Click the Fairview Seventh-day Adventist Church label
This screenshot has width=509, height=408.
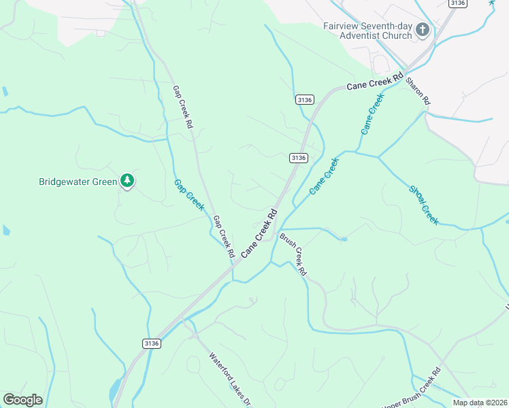pyautogui.click(x=367, y=31)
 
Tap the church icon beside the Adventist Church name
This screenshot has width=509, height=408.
pyautogui.click(x=422, y=30)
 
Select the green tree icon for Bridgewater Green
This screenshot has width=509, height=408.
pyautogui.click(x=127, y=180)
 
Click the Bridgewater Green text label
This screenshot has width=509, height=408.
pyautogui.click(x=78, y=182)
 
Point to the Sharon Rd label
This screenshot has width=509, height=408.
pyautogui.click(x=418, y=90)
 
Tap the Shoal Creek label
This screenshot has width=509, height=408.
pyautogui.click(x=424, y=205)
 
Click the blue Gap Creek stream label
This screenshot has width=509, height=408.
pyautogui.click(x=188, y=194)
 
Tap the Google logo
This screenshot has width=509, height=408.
pyautogui.click(x=22, y=400)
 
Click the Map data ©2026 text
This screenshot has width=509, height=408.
pyautogui.click(x=480, y=403)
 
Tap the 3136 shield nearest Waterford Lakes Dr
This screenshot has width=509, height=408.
pyautogui.click(x=151, y=344)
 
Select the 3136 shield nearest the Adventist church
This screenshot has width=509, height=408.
pyautogui.click(x=457, y=3)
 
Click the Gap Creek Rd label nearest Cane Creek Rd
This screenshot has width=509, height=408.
pyautogui.click(x=224, y=237)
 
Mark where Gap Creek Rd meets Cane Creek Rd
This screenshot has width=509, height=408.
pyautogui.click(x=233, y=266)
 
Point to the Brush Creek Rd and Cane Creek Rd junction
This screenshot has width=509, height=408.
pyautogui.click(x=279, y=229)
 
